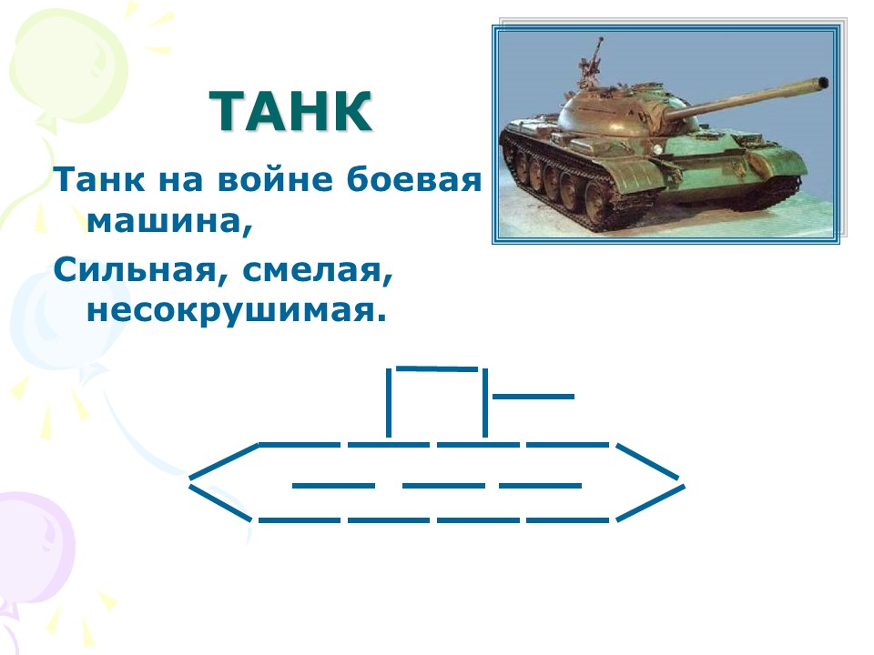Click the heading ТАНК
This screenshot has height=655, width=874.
(290, 111)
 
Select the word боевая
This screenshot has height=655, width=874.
(413, 179)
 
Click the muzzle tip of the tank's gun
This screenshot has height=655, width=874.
(823, 83)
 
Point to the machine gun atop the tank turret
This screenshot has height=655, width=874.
(591, 63)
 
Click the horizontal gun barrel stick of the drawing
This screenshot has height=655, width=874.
(534, 397)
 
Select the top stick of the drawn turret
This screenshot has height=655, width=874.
(437, 368)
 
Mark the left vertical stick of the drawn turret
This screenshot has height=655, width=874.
(389, 403)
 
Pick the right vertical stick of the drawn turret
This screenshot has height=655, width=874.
(485, 403)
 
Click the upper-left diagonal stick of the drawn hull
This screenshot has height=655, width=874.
(224, 460)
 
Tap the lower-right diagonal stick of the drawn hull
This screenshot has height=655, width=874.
(650, 503)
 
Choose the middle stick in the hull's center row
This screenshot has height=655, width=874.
(443, 486)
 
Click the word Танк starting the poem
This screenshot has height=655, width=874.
(99, 179)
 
